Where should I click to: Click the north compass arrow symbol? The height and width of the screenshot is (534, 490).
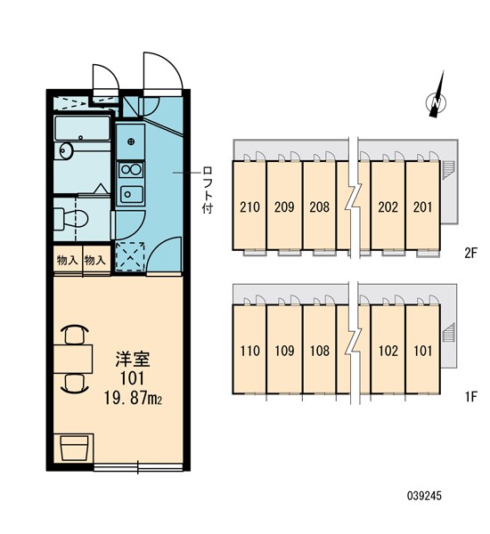(436, 105)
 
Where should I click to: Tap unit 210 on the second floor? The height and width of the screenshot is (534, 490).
(250, 207)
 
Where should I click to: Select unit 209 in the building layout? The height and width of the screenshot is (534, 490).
(284, 207)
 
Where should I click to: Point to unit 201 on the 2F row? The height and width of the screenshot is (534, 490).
(423, 207)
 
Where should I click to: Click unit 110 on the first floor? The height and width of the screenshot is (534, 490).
(250, 350)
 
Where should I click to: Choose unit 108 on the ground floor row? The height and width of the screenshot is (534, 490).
(320, 350)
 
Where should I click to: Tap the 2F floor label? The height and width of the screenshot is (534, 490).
(471, 253)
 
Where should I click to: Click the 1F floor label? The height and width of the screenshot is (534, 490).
(471, 395)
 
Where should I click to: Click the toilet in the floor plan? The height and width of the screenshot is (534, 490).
(70, 216)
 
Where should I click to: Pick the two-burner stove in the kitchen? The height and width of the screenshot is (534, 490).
(130, 168)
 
